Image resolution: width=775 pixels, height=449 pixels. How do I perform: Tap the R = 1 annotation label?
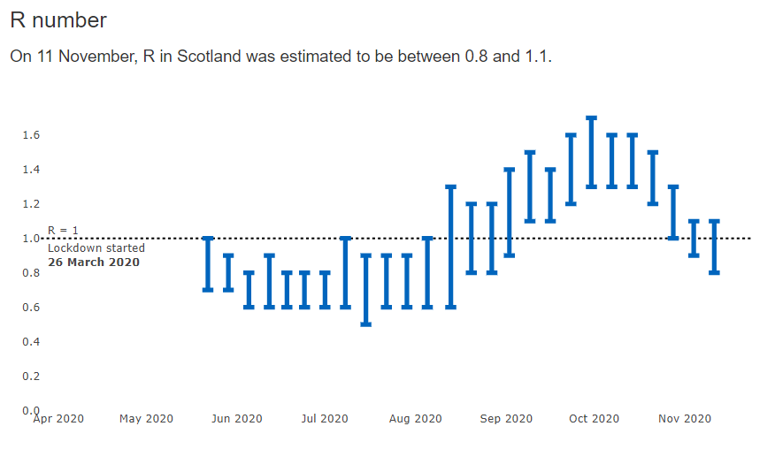coord(63,231)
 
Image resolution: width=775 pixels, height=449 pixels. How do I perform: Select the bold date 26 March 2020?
coord(93,263)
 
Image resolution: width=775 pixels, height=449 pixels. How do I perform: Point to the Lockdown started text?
coord(96,248)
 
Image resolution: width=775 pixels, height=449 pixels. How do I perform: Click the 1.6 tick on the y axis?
coord(31,135)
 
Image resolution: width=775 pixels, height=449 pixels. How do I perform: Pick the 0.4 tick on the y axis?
coord(31,342)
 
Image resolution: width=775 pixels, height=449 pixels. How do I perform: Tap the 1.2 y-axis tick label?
coord(31,204)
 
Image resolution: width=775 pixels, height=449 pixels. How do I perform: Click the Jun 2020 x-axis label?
coord(237,419)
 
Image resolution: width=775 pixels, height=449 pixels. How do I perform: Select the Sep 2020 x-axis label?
coord(507,419)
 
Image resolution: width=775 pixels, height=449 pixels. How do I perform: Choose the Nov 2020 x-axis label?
coord(686,419)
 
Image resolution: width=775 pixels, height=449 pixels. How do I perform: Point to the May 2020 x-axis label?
coord(146,419)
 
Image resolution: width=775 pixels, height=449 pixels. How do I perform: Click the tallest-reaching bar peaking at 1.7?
coord(591,152)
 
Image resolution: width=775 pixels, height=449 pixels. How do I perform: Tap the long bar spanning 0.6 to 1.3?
coord(450,247)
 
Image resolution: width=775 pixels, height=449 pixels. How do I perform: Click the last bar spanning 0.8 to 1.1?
coord(714,247)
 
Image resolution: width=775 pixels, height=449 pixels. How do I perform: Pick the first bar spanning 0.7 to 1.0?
coord(208,263)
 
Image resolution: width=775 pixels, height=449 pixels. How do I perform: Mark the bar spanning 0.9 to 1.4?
coord(510,212)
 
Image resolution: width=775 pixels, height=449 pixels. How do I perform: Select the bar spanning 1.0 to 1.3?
coord(673,212)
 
